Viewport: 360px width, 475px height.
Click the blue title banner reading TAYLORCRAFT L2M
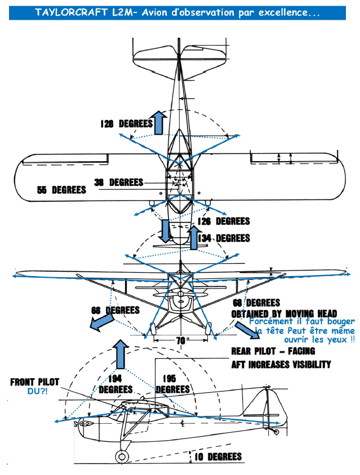point(177,13)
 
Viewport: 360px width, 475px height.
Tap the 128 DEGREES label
point(127,123)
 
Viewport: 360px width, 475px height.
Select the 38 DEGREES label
point(119,183)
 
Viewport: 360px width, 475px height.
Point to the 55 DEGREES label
point(61,190)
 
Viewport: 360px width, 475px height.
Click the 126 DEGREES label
point(224,221)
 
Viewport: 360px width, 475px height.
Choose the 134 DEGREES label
point(224,238)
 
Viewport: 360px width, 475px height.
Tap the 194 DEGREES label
point(115,384)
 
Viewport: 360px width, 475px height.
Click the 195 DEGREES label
point(172,384)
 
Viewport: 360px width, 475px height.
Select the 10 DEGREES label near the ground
point(218,457)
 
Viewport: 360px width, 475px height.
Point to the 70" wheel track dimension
point(181,341)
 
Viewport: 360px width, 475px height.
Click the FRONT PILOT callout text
point(35,382)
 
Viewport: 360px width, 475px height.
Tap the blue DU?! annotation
point(37,391)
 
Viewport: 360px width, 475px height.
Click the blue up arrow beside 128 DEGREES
point(158,123)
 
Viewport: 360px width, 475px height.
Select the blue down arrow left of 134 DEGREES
point(166,231)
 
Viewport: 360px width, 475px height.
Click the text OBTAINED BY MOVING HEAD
point(285,314)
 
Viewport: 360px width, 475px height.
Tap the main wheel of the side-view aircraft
point(122,457)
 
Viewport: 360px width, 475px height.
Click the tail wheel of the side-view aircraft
point(276,432)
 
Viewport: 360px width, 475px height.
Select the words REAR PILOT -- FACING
point(273,351)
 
